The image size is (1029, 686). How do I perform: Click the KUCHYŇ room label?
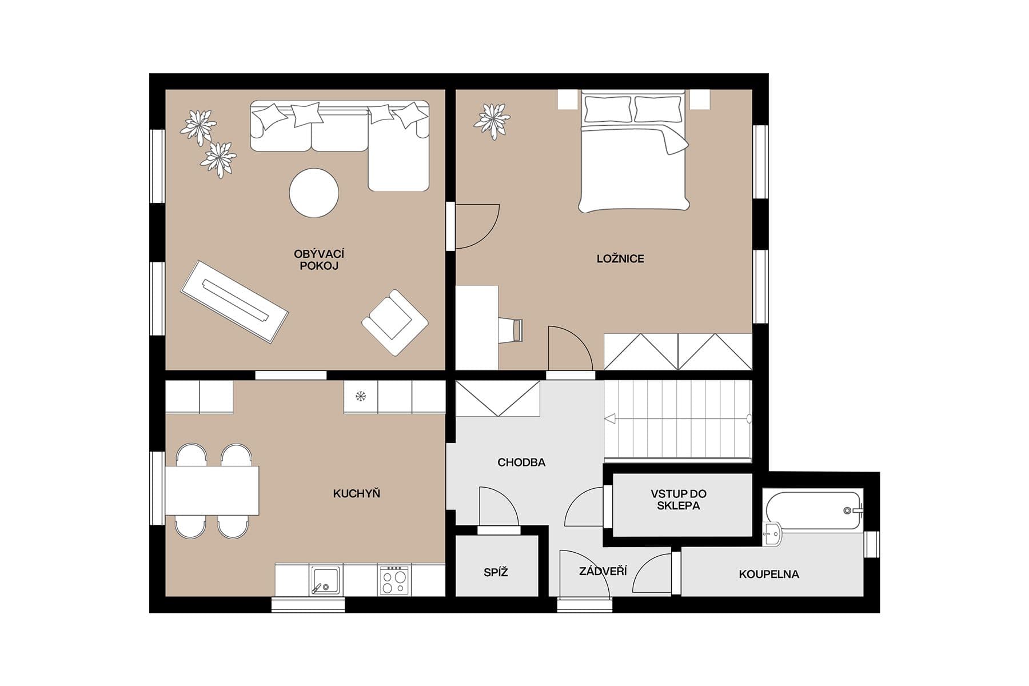click(356, 493)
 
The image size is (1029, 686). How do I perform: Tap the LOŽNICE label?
click(620, 259)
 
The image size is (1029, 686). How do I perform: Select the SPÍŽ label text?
click(496, 572)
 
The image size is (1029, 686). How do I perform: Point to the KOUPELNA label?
click(769, 574)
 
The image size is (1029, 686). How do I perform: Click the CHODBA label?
click(521, 462)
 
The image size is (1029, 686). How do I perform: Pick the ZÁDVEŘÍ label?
click(603, 571)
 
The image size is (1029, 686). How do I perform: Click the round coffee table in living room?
click(314, 193)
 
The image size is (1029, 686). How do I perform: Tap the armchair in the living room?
click(394, 322)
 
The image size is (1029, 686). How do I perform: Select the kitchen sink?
click(325, 580)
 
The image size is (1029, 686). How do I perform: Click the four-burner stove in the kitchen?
click(394, 581)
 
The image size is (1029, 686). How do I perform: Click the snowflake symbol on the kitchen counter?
click(361, 396)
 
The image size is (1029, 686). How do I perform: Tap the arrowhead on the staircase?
click(610, 419)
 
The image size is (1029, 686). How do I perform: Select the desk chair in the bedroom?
click(510, 330)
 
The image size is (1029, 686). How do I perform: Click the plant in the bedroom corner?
click(492, 121)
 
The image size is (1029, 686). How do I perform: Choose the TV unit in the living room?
click(234, 301)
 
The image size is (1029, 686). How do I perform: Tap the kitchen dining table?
click(212, 490)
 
